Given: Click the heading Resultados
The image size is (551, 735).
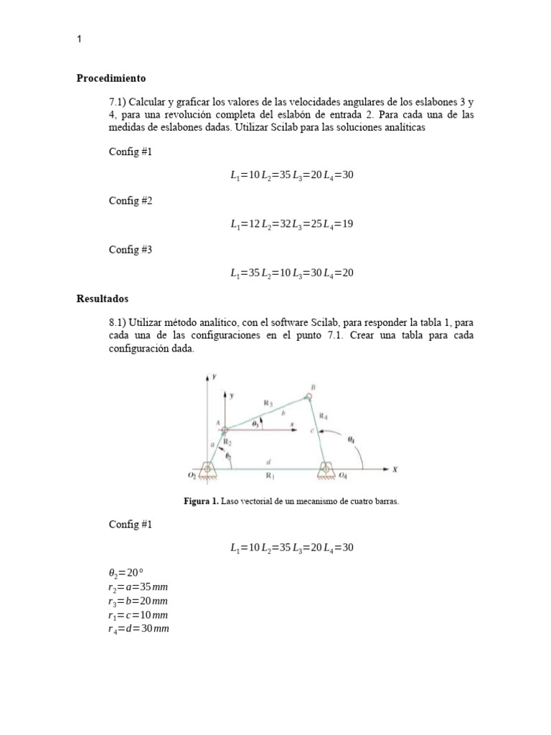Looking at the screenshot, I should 102,298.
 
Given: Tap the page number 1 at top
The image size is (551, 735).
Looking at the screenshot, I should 79,40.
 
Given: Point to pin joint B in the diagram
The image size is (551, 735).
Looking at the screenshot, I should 309,395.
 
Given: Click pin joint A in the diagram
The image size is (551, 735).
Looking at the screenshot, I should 224,431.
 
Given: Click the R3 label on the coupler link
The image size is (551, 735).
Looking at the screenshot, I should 268,404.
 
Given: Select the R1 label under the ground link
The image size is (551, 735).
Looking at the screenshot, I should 270,476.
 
